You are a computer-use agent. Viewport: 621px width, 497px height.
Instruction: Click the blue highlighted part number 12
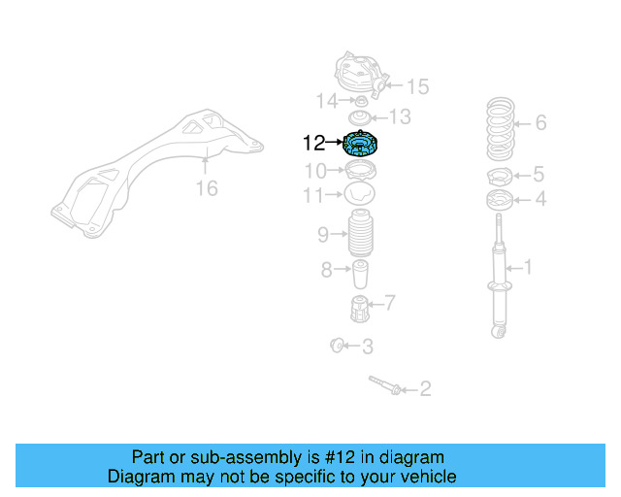coord(362,146)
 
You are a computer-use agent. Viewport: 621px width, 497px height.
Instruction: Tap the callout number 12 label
coord(313,144)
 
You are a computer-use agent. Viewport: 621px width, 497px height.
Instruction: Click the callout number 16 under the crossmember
coord(207,188)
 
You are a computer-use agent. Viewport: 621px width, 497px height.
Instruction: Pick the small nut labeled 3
coord(338,344)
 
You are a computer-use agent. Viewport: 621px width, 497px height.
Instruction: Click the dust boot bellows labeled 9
coord(361,235)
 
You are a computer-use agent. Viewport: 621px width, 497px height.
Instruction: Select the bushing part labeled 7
coord(360,310)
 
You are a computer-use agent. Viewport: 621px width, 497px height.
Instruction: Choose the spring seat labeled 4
coord(500,201)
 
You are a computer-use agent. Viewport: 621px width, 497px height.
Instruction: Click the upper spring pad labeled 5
coord(500,177)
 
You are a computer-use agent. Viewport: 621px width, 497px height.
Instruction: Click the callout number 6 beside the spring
coord(540,122)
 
